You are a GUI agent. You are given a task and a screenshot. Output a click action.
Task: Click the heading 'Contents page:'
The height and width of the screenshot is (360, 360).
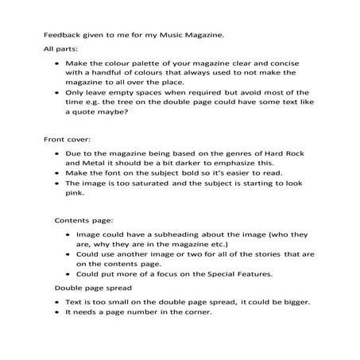click(x=83, y=219)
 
